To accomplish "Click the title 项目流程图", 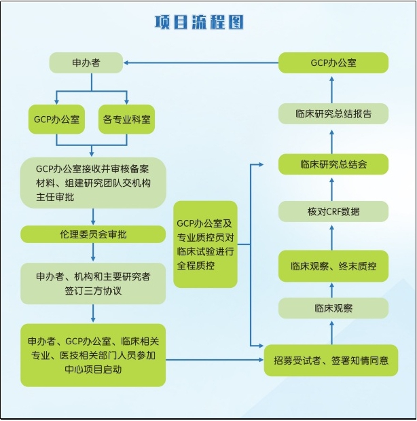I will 198,22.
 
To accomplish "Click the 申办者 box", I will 86,62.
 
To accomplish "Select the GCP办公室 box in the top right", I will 333,62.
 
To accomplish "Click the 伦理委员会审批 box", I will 93,234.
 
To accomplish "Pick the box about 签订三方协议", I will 93,283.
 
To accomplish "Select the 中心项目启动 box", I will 93,354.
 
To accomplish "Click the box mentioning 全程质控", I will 205,244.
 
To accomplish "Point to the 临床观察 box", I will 333,308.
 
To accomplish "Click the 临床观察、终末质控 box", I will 333,266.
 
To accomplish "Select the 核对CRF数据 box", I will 333,211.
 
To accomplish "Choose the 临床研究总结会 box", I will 333,164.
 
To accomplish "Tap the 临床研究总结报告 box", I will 333,113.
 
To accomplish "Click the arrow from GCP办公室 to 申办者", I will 201,62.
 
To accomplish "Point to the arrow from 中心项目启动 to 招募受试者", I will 215,360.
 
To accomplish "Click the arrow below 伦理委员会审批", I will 93,253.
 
